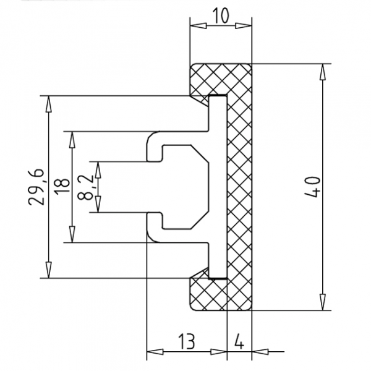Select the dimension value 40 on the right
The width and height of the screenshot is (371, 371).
(x=312, y=187)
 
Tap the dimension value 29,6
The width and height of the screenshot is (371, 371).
(x=36, y=187)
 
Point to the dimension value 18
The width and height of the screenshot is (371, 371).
(x=62, y=187)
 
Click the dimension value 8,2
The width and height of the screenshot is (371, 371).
(x=85, y=187)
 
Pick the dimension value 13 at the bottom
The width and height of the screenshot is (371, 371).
(x=187, y=341)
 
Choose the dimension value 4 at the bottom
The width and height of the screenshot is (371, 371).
(x=239, y=341)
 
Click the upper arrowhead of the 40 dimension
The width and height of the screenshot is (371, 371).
(x=322, y=72)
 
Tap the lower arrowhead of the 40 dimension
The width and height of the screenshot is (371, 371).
(x=322, y=302)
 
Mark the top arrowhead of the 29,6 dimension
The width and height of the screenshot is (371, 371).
(x=48, y=104)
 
